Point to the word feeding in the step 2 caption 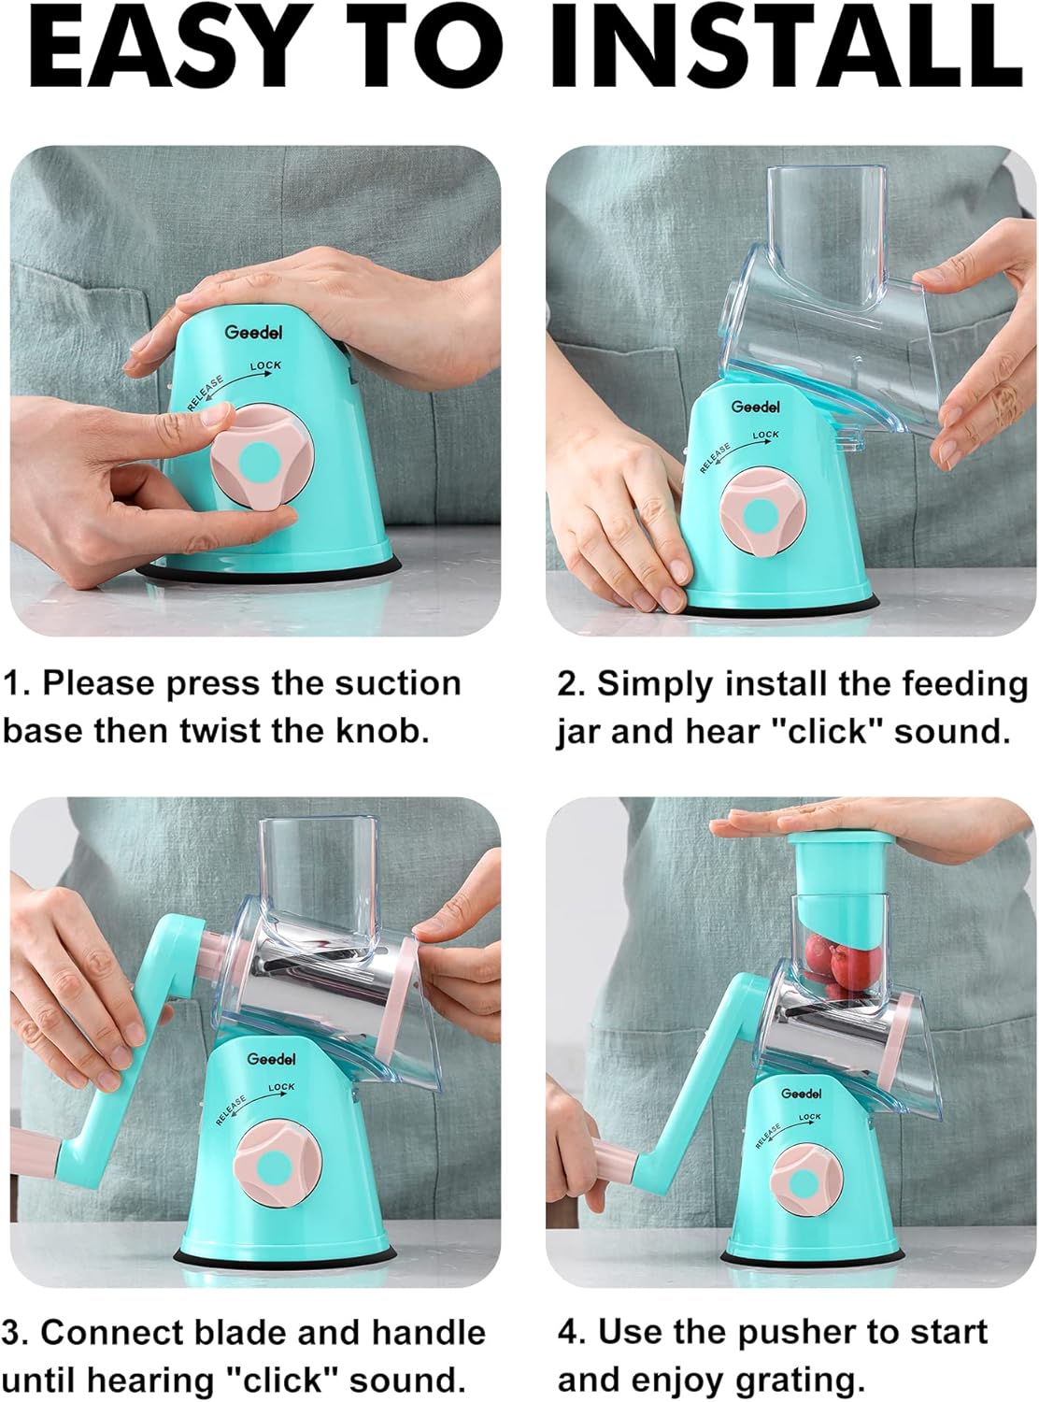coord(964,683)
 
